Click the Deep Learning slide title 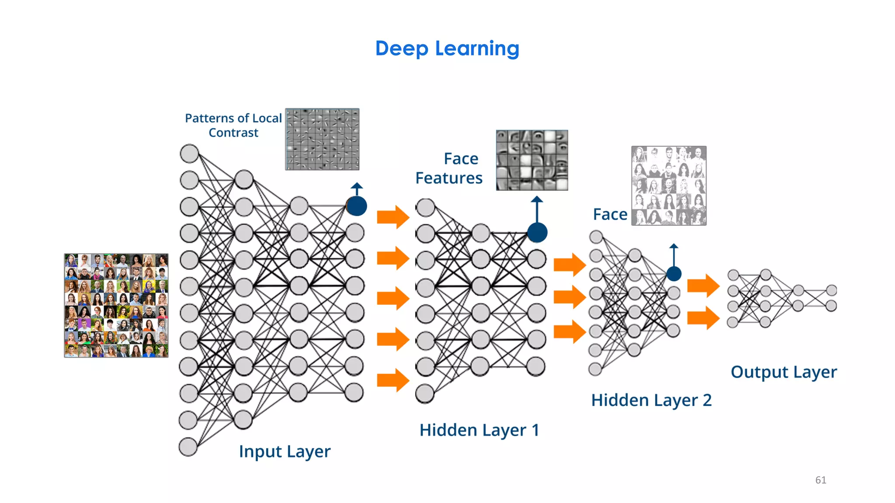(x=447, y=48)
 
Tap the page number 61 (x=820, y=480)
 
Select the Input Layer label (x=284, y=451)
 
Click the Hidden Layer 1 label (x=479, y=430)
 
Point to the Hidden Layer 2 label (x=651, y=400)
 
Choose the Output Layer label (x=784, y=372)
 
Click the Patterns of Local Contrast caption (x=233, y=125)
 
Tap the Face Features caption (x=449, y=168)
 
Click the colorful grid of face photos (x=116, y=305)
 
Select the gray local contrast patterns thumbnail (x=322, y=139)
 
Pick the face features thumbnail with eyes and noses (x=532, y=160)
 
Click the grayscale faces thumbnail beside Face (x=669, y=186)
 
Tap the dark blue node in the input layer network (x=357, y=206)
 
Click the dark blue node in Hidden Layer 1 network (x=537, y=232)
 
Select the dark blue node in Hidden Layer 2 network (x=674, y=274)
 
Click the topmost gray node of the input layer (x=189, y=154)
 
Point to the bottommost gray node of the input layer (x=188, y=447)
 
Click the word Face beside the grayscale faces (x=610, y=214)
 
